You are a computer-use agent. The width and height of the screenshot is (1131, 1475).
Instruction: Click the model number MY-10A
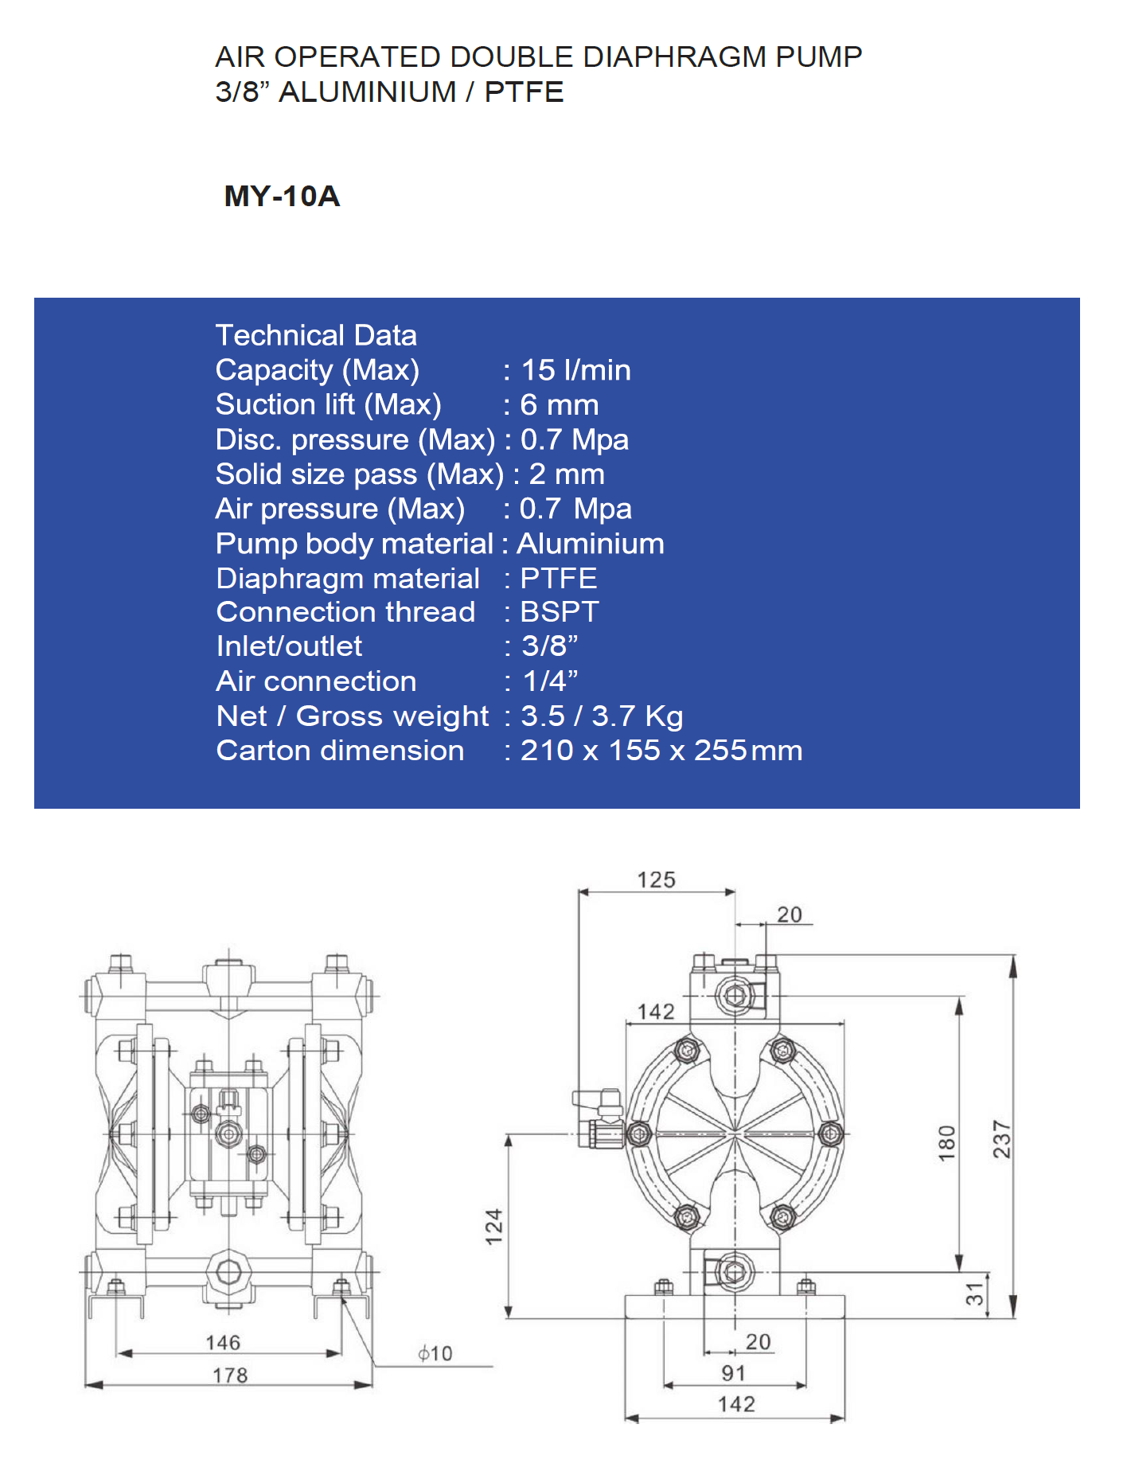click(x=282, y=196)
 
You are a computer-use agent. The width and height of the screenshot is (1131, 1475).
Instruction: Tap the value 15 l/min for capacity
click(x=575, y=370)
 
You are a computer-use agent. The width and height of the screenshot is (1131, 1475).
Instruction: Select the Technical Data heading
click(x=316, y=335)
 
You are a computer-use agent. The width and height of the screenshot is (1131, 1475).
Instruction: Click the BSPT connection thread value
click(x=559, y=612)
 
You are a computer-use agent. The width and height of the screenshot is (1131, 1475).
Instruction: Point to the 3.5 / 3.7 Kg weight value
click(x=602, y=716)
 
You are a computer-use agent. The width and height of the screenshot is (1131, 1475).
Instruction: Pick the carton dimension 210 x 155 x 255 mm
click(x=661, y=751)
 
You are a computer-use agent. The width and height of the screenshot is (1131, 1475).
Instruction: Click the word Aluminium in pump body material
click(x=591, y=544)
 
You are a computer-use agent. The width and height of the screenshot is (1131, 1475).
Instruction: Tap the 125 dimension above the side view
click(x=656, y=880)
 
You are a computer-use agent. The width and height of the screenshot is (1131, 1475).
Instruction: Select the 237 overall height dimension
click(x=1001, y=1139)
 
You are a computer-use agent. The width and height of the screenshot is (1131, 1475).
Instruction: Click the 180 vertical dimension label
click(x=946, y=1143)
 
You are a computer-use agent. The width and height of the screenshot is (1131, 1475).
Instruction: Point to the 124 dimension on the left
click(x=494, y=1227)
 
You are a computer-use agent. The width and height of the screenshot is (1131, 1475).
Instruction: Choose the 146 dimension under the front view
click(x=223, y=1343)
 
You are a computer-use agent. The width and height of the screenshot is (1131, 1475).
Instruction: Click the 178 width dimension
click(x=230, y=1375)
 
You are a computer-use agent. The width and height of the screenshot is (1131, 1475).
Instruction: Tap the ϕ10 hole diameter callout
click(x=435, y=1353)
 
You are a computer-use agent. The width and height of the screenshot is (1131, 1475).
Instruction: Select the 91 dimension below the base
click(x=733, y=1373)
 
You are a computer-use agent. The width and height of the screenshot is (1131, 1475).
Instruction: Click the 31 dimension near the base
click(x=974, y=1295)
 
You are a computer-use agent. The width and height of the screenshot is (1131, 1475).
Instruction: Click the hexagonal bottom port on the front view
click(x=228, y=1271)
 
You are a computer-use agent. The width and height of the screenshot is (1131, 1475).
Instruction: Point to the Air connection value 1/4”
click(x=550, y=681)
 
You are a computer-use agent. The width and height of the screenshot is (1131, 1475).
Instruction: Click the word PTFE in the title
click(x=524, y=92)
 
